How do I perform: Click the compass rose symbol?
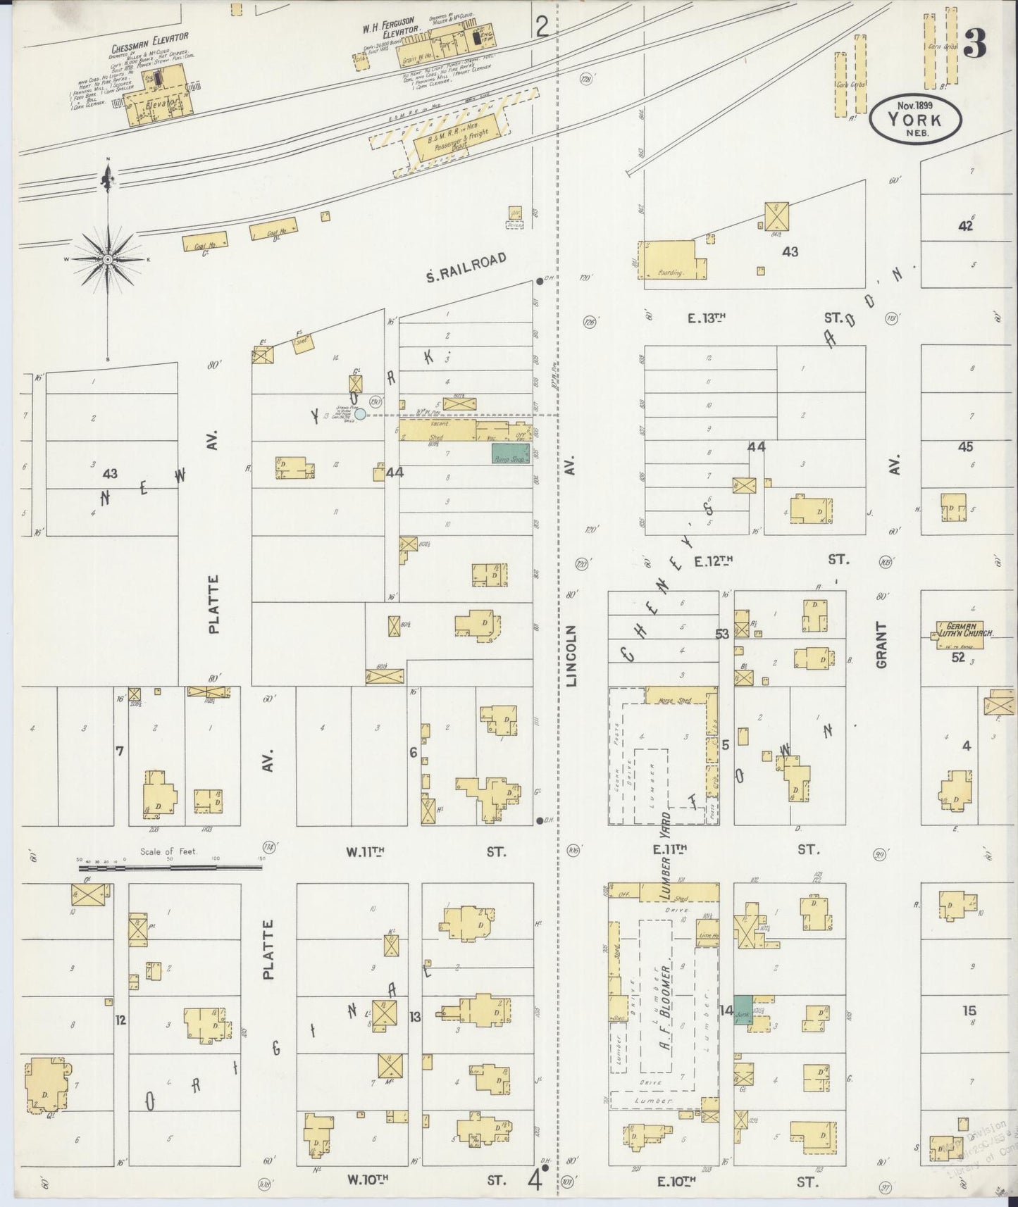107,260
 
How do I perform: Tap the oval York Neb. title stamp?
915,118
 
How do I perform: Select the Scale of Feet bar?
169,868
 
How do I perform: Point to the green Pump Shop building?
510,454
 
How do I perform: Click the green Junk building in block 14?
743,1010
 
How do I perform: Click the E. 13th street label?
707,318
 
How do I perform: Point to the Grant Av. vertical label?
882,644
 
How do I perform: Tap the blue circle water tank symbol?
360,414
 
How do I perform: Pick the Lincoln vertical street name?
572,656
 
